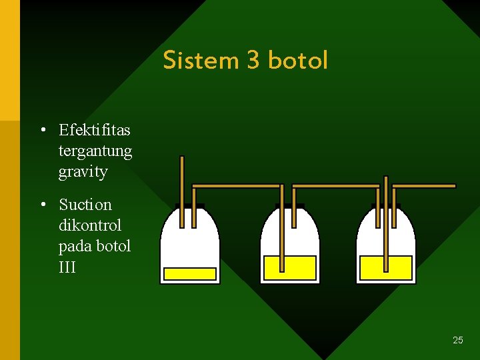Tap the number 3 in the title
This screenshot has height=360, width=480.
click(253, 60)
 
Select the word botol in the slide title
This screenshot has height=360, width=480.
click(297, 60)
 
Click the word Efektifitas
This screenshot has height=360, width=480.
click(95, 129)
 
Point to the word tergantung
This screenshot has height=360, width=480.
click(95, 151)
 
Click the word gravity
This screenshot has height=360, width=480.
click(83, 172)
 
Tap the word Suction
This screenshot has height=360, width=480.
click(85, 205)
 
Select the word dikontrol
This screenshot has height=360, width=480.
click(90, 225)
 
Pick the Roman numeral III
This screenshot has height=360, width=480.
click(67, 267)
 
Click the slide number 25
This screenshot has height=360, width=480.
click(457, 340)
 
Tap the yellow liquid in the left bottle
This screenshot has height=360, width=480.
click(190, 274)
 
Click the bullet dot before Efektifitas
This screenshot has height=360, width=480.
click(42, 129)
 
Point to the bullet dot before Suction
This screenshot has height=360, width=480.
click(42, 205)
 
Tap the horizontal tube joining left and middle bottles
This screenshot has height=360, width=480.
click(237, 185)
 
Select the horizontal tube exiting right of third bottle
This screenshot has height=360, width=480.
click(427, 185)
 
